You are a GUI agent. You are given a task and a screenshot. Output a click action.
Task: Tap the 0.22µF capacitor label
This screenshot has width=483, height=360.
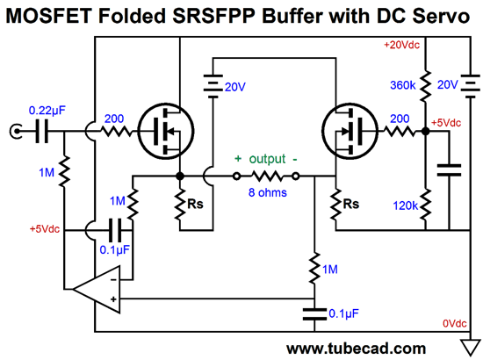47,111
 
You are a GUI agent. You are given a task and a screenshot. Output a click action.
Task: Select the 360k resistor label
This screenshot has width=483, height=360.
402,85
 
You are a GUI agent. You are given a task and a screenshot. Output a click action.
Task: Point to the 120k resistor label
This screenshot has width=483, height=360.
405,205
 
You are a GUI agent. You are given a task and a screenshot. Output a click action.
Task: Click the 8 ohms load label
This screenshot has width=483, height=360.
267,192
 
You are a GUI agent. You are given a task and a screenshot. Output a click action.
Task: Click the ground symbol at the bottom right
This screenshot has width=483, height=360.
471,347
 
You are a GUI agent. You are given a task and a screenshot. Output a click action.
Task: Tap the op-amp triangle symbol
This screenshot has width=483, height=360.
97,289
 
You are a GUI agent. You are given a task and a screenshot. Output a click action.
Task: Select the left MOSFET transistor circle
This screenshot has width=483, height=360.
166,131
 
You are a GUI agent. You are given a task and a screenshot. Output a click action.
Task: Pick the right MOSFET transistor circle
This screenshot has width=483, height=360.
350,131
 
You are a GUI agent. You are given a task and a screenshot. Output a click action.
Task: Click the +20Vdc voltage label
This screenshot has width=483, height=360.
401,46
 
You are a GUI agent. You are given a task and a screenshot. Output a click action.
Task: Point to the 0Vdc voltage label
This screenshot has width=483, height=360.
455,323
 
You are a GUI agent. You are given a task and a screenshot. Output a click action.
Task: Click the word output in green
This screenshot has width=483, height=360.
267,159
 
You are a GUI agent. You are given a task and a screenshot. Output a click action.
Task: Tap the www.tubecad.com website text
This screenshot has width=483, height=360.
356,349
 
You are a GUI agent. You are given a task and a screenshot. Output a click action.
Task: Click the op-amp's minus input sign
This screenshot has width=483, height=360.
113,279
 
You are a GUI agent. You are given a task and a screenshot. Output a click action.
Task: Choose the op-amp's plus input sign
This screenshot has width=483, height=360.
113,299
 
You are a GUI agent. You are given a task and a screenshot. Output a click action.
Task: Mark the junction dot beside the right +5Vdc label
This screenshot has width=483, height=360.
425,132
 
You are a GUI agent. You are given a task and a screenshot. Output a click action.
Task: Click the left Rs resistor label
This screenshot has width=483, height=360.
195,204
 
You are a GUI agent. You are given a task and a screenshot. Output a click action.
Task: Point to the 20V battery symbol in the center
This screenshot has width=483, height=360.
213,86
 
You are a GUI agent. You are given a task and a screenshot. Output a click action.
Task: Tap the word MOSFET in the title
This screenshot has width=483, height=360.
49,16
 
